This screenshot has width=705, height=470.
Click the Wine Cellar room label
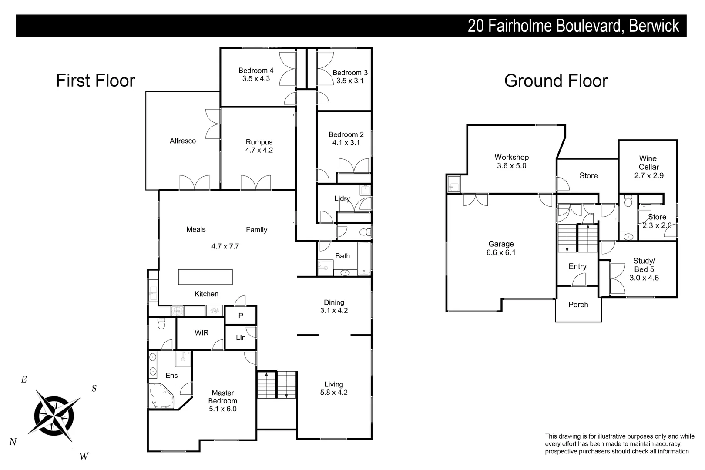648,163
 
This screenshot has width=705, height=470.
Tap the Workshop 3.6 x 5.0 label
511,161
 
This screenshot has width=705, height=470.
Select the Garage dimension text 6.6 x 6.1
501,252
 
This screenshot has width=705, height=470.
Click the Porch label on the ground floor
578,305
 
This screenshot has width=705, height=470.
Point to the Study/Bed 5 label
644,265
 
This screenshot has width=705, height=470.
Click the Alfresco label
183,141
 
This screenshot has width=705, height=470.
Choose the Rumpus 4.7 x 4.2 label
259,146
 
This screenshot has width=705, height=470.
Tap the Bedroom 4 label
256,70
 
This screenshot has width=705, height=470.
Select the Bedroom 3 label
350,73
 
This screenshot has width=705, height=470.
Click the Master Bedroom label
222,397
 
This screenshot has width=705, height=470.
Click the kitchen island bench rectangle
205,277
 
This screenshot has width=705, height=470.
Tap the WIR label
201,333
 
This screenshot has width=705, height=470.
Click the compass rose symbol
55,414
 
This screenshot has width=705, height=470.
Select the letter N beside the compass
13,442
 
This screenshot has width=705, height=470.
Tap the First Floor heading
96,81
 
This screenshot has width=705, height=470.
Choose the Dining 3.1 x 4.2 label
334,306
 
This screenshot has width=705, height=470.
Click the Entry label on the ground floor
577,266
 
